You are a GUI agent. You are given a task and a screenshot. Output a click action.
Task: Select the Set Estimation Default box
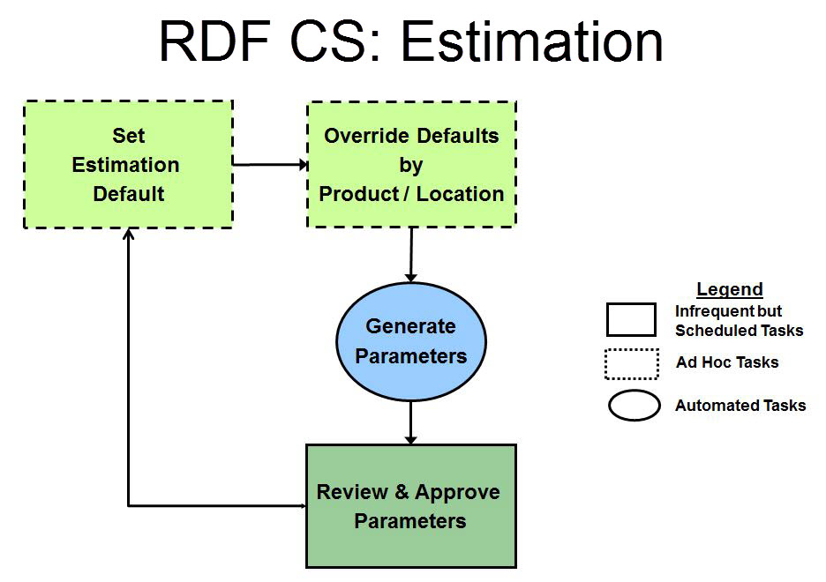point(128,164)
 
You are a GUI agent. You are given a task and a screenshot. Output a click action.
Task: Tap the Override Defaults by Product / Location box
point(411,164)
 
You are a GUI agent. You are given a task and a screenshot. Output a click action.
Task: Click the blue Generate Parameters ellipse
point(411,341)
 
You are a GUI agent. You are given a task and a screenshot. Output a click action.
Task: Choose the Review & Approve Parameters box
point(411,506)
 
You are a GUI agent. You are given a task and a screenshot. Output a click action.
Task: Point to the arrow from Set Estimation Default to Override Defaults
point(269,164)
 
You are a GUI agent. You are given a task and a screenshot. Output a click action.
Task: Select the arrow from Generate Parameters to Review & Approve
point(411,422)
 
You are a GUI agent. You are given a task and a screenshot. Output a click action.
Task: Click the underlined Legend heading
point(729,289)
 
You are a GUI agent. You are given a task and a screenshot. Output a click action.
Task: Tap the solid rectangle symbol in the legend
point(631,320)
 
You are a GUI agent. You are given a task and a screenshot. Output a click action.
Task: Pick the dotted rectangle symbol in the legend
point(631,363)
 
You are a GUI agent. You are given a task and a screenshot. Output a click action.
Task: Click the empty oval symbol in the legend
point(634,406)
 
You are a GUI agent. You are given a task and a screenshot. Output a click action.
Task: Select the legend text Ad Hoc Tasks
point(727,362)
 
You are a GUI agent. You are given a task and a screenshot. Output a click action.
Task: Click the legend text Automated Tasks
point(740,406)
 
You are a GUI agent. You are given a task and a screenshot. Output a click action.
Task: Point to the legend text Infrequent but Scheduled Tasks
point(739,321)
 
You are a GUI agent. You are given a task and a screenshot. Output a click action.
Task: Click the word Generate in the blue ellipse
point(411,326)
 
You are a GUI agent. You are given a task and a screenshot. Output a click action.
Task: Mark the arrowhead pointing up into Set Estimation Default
point(129,234)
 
